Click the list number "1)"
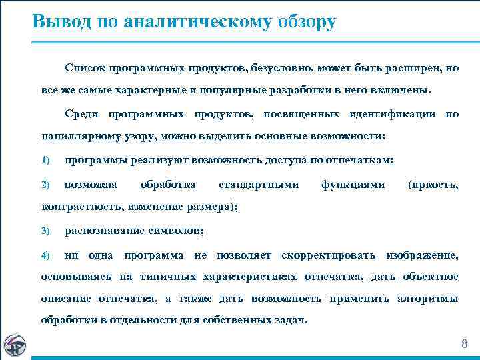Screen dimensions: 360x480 (x=45, y=161)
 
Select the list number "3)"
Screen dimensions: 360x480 (x=45, y=231)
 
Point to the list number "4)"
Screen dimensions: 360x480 (x=45, y=255)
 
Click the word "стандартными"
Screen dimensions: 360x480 (x=258, y=184)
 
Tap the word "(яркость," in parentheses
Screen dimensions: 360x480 (x=433, y=184)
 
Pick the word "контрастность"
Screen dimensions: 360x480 (x=81, y=207)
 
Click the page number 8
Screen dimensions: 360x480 (x=465, y=344)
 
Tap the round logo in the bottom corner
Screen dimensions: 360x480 (x=14, y=344)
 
